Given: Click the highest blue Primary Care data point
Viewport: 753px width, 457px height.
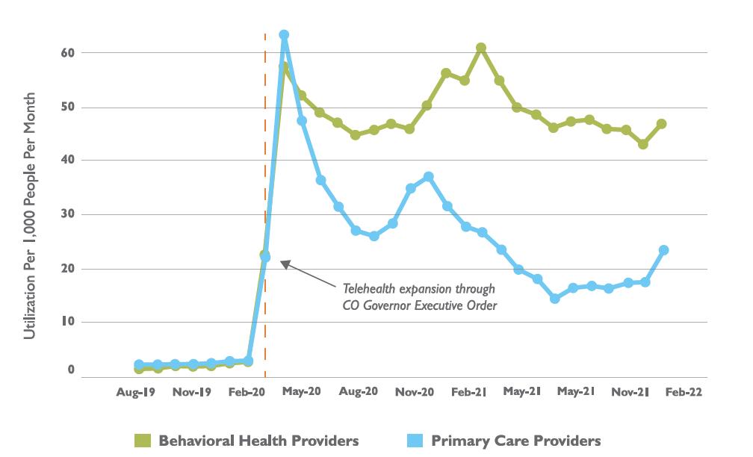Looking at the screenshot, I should click(x=284, y=35).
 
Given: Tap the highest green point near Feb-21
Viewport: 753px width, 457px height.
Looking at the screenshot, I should click(x=481, y=48).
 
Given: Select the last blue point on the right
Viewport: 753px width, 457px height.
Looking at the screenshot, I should click(x=663, y=250).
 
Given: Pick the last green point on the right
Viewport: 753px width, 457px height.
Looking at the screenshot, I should click(x=662, y=124).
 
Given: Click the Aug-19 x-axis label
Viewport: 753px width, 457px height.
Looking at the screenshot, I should click(x=135, y=391).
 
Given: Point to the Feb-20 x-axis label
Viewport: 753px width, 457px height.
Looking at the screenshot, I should click(x=247, y=391).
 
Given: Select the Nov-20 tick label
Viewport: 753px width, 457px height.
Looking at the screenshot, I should click(x=415, y=391).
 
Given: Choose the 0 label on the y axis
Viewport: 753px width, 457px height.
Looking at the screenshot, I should click(x=72, y=370).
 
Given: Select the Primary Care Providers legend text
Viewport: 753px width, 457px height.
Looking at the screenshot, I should click(x=515, y=440).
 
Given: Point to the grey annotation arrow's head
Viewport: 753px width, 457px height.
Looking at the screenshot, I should click(x=282, y=261).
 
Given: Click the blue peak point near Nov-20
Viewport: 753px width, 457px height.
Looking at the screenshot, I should click(x=428, y=177).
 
